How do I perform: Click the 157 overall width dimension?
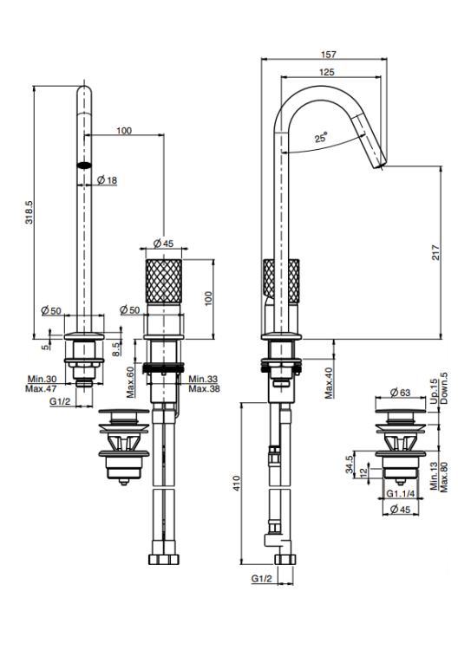328,55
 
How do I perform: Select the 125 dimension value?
326,72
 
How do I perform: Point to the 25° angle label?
321,137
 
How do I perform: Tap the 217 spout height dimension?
435,252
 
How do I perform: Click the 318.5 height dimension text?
29,212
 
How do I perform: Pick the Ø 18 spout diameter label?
107,180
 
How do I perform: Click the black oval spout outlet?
84,165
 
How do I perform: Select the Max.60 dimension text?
131,382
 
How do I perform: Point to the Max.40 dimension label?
329,383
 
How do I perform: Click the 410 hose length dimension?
237,484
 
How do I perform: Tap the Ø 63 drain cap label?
400,392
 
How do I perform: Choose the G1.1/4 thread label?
401,494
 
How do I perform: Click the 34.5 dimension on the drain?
350,465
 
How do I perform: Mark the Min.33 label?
203,379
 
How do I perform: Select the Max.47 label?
41,389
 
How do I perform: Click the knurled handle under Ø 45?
163,281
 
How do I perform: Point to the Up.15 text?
434,392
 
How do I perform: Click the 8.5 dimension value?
117,348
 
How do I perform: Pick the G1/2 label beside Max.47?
60,401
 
